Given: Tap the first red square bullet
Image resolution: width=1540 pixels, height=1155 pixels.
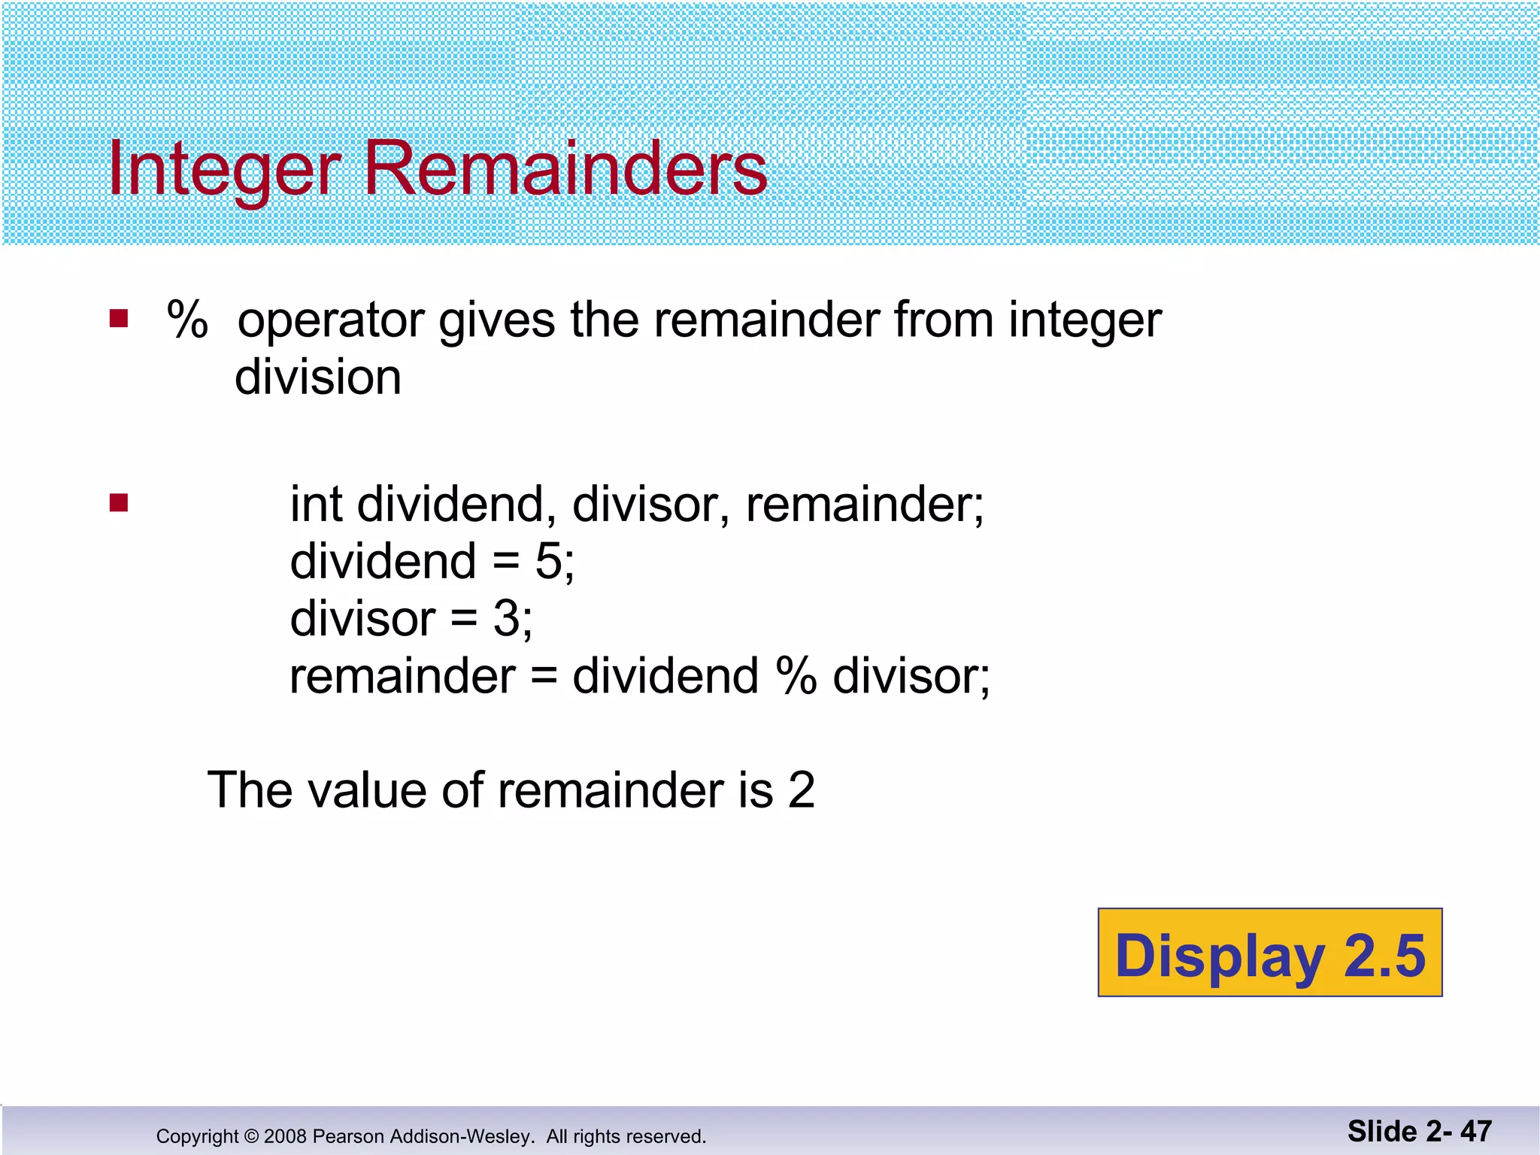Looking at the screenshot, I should click(x=119, y=319).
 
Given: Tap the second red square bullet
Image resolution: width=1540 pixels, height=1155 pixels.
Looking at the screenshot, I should click(x=119, y=502).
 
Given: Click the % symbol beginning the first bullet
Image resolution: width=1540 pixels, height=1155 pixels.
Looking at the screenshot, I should click(x=187, y=320).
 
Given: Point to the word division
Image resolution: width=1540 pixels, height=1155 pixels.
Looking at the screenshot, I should click(x=318, y=377).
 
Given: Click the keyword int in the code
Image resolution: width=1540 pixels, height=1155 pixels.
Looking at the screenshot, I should click(x=316, y=504).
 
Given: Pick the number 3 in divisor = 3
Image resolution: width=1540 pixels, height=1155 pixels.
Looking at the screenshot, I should click(x=507, y=619).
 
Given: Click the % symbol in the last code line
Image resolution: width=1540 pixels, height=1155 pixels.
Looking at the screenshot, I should click(x=796, y=676).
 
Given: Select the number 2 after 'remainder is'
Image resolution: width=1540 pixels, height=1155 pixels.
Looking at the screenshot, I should click(x=801, y=790).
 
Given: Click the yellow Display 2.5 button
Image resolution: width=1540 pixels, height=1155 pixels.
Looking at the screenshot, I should click(x=1269, y=953).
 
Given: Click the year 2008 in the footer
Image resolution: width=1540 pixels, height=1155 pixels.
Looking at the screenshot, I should click(x=285, y=1136).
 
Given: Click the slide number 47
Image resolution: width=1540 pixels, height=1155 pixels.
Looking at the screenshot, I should click(x=1475, y=1131).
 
